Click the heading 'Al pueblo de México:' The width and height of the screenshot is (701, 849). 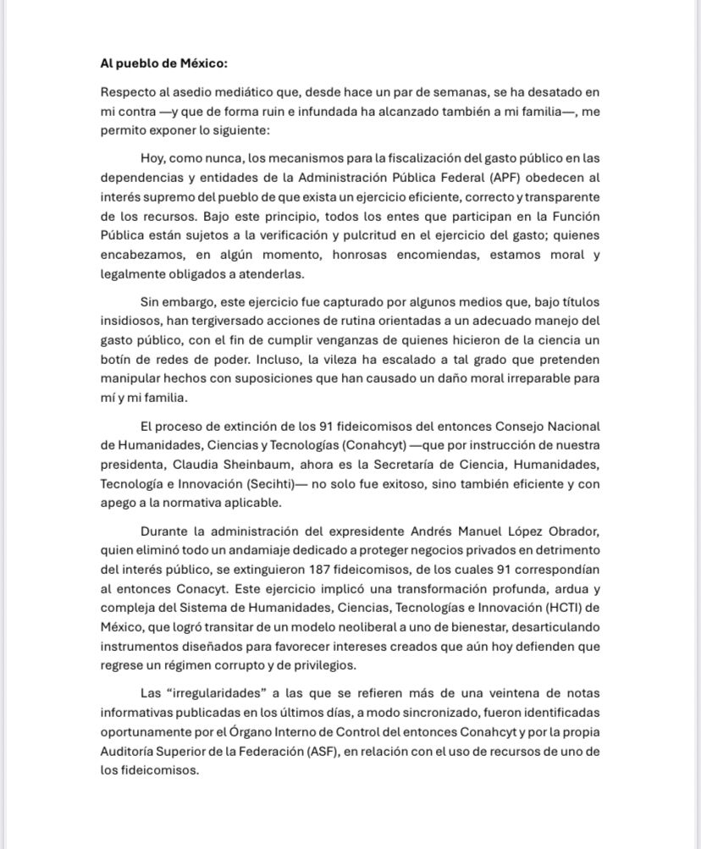coord(163,63)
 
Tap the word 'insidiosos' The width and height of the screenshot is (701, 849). coord(130,322)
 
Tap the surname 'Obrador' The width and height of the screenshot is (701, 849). coord(570,532)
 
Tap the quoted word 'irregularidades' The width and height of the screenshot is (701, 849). coord(193,693)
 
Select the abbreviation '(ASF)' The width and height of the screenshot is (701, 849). coord(317,751)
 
